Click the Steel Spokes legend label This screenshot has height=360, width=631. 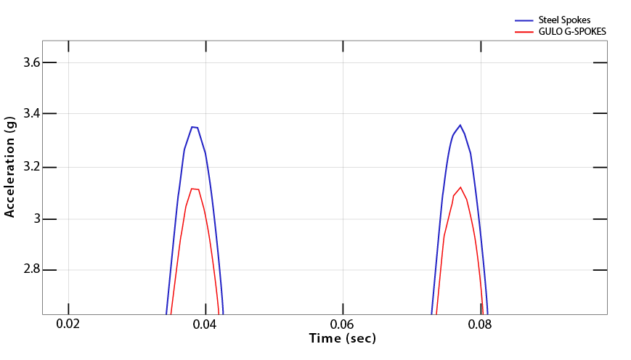tap(563, 20)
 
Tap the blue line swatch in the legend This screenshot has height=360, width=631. tap(524, 20)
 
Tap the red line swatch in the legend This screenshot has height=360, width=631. tap(524, 32)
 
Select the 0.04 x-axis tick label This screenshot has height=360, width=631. tap(205, 324)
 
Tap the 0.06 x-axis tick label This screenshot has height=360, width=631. tap(342, 324)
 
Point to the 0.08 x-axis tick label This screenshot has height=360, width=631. tap(479, 324)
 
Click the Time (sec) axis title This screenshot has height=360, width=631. tap(342, 338)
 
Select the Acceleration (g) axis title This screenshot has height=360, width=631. tap(9, 166)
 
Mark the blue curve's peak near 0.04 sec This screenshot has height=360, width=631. tap(194, 127)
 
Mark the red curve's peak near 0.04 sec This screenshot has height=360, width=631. tap(194, 189)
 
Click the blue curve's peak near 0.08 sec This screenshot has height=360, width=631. tap(460, 125)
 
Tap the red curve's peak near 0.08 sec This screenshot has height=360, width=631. tap(460, 187)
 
